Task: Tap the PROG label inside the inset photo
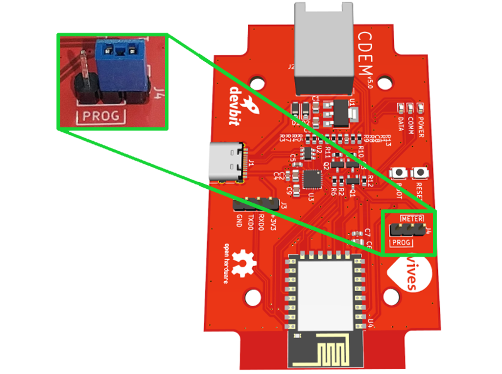click(x=100, y=115)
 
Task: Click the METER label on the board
click(x=412, y=218)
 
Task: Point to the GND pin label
click(x=239, y=220)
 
